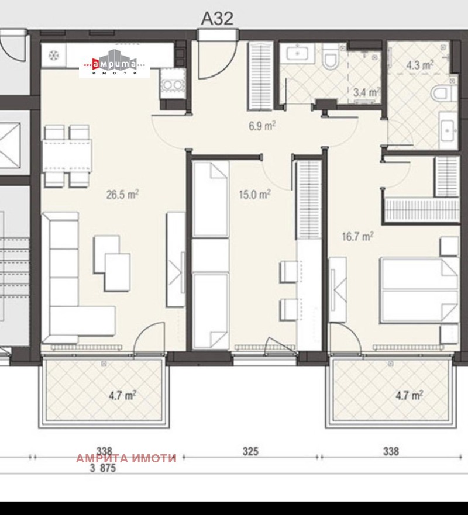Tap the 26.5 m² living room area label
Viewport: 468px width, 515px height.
[122, 195]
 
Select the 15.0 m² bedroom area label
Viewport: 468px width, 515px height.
[254, 195]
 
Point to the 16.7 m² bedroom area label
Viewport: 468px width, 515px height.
[357, 236]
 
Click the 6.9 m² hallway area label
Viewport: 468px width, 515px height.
[261, 126]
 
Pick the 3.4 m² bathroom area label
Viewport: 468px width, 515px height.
[367, 92]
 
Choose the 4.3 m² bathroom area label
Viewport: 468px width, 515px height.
[419, 65]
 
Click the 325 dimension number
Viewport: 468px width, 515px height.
[250, 451]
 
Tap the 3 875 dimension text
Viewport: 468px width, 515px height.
[103, 468]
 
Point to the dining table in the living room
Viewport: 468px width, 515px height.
[67, 156]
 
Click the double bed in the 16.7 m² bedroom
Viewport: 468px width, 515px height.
[419, 291]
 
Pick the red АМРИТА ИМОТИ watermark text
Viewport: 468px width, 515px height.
[126, 458]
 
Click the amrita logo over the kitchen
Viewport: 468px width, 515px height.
[114, 64]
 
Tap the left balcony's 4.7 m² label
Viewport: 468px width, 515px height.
[123, 395]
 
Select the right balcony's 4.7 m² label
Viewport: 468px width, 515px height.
[409, 395]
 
